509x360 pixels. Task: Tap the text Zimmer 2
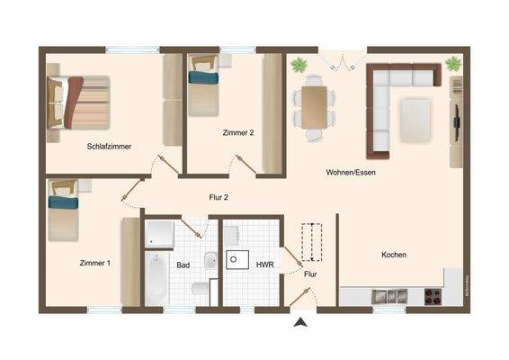238,132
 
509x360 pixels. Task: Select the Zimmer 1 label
94,263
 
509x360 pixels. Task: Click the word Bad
183,265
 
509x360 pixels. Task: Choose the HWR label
264,265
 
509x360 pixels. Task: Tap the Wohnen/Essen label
351,172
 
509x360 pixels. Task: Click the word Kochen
394,255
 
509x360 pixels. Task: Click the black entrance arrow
300,320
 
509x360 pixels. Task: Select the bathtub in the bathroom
157,278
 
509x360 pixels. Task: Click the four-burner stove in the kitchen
433,295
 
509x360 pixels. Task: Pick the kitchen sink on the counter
380,296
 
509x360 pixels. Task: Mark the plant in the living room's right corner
452,63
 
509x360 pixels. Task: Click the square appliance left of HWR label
238,260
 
